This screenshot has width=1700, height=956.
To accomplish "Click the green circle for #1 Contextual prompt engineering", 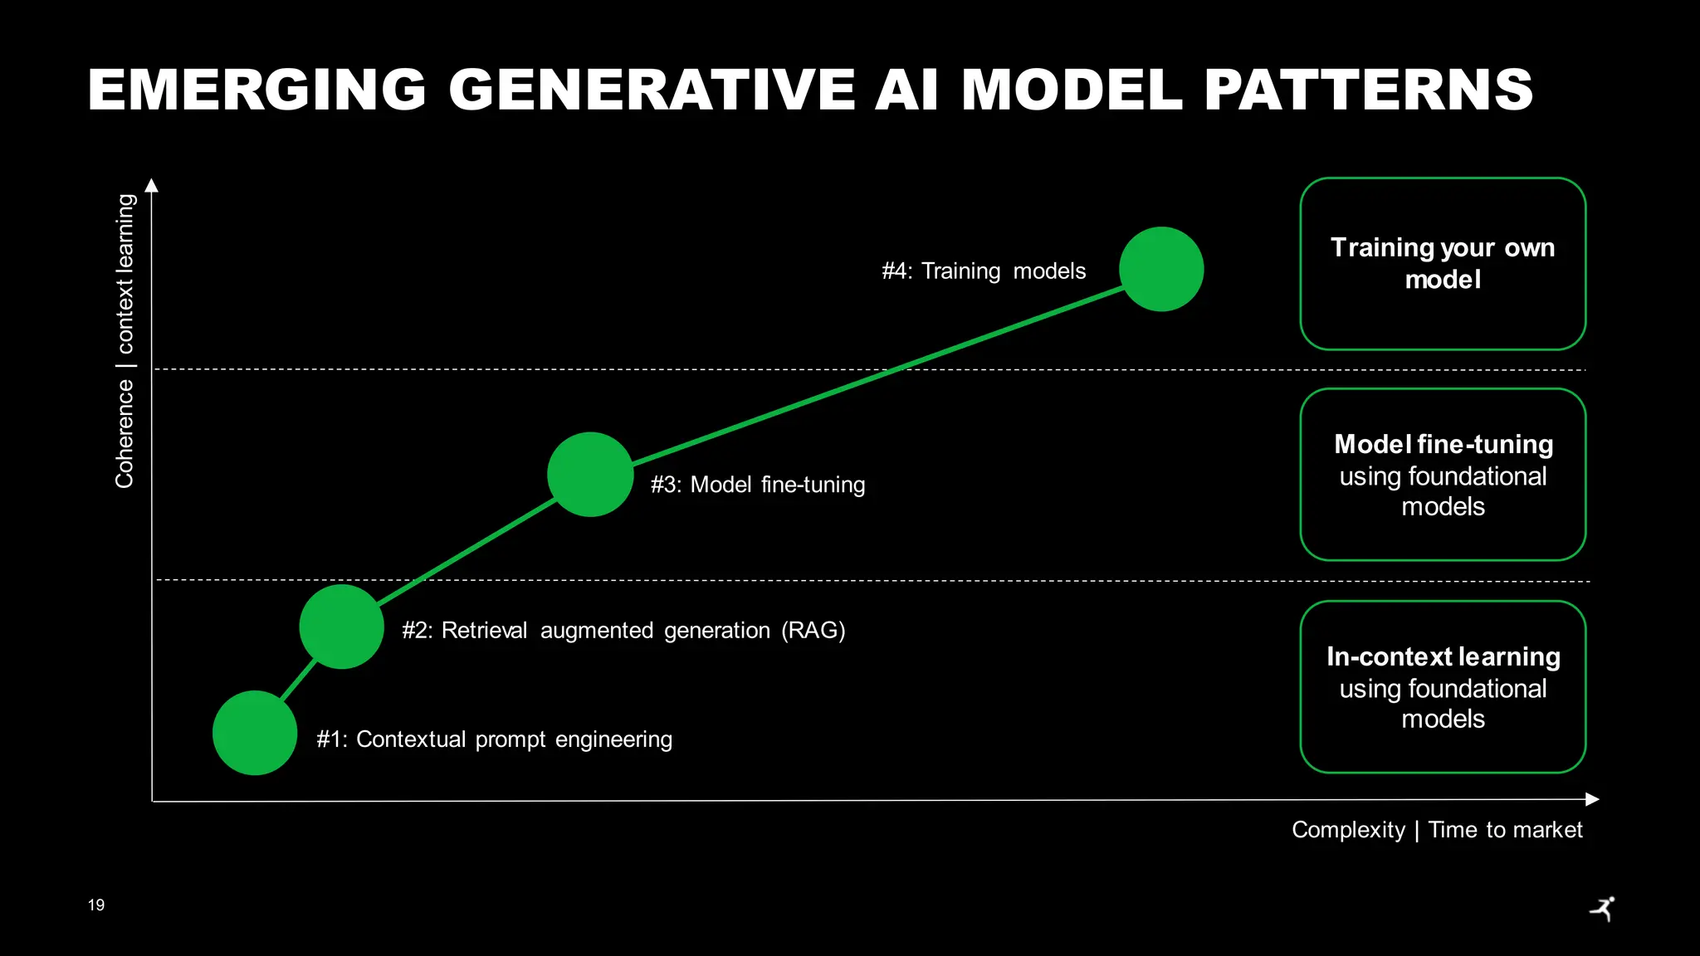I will pyautogui.click(x=255, y=733).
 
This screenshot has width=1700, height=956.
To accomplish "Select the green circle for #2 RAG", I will pyautogui.click(x=341, y=627).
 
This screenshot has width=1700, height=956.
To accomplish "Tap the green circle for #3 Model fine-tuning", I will pyautogui.click(x=590, y=475).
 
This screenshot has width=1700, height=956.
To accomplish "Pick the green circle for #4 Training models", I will pyautogui.click(x=1161, y=269).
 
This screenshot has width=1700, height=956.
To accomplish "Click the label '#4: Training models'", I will pyautogui.click(x=984, y=271).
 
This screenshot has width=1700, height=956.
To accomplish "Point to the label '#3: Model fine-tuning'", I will pyautogui.click(x=757, y=485).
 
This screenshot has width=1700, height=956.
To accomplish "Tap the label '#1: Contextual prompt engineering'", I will pyautogui.click(x=494, y=739).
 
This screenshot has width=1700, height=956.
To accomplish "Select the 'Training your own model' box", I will pyautogui.click(x=1443, y=264).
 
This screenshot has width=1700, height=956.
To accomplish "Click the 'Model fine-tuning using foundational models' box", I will pyautogui.click(x=1443, y=475).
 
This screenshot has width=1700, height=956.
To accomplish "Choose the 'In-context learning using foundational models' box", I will pyautogui.click(x=1443, y=687).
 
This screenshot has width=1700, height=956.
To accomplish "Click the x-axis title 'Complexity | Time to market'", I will pyautogui.click(x=1437, y=830).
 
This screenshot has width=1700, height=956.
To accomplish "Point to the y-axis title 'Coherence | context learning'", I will pyautogui.click(x=125, y=341).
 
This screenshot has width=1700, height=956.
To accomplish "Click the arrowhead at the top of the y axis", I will pyautogui.click(x=151, y=185).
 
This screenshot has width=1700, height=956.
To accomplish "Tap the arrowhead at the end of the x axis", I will pyautogui.click(x=1592, y=799).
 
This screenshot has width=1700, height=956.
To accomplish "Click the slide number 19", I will pyautogui.click(x=96, y=905).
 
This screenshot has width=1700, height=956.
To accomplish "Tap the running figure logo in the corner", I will pyautogui.click(x=1604, y=909).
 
